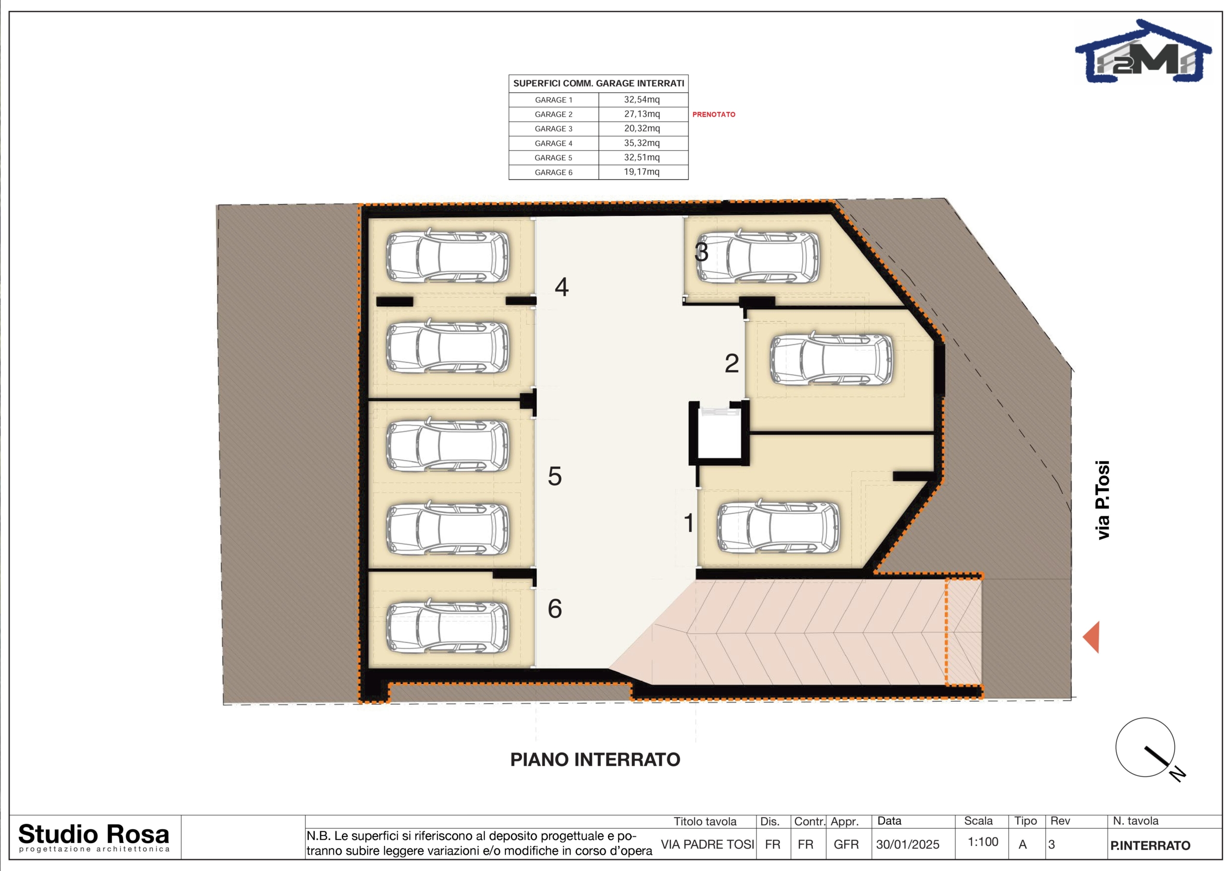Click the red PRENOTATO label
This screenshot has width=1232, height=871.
[714, 115]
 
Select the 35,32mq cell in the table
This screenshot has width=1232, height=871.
[642, 143]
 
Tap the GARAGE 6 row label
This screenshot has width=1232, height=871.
[553, 172]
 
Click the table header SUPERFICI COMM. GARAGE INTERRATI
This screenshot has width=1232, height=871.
[598, 84]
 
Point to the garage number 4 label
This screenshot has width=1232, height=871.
[561, 287]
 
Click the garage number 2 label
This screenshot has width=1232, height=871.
[732, 363]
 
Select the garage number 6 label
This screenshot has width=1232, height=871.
[555, 609]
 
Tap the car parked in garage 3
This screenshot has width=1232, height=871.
[757, 256]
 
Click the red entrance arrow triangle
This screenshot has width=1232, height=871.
[1091, 637]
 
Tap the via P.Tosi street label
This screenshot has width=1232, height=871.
[1102, 500]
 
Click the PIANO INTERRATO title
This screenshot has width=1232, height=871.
[595, 759]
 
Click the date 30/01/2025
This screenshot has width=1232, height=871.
[908, 844]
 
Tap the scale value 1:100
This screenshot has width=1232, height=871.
[983, 842]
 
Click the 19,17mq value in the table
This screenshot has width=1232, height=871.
[642, 172]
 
